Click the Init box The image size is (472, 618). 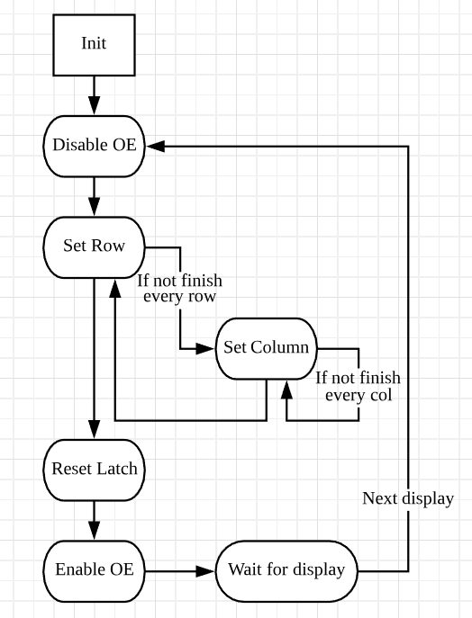click(x=94, y=45)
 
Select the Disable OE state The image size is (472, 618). click(x=94, y=147)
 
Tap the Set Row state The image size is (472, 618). click(x=94, y=247)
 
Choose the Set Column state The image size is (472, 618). click(x=267, y=349)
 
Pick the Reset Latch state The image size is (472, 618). click(x=94, y=470)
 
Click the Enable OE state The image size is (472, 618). click(x=94, y=571)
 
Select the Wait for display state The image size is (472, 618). click(x=286, y=571)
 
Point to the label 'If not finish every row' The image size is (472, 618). click(x=179, y=289)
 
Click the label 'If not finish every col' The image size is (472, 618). click(x=359, y=387)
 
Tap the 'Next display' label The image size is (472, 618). click(x=408, y=498)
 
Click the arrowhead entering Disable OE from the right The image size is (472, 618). click(x=155, y=147)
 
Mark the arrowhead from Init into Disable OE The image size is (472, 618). click(x=94, y=105)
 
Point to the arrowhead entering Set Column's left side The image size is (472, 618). click(x=205, y=349)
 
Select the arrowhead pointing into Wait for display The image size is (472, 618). click(x=205, y=571)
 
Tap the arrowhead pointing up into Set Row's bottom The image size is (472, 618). click(x=114, y=289)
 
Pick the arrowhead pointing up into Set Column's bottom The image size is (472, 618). click(x=287, y=390)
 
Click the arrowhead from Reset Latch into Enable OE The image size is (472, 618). click(x=94, y=531)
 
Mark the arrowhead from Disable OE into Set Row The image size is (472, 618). click(x=94, y=207)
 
